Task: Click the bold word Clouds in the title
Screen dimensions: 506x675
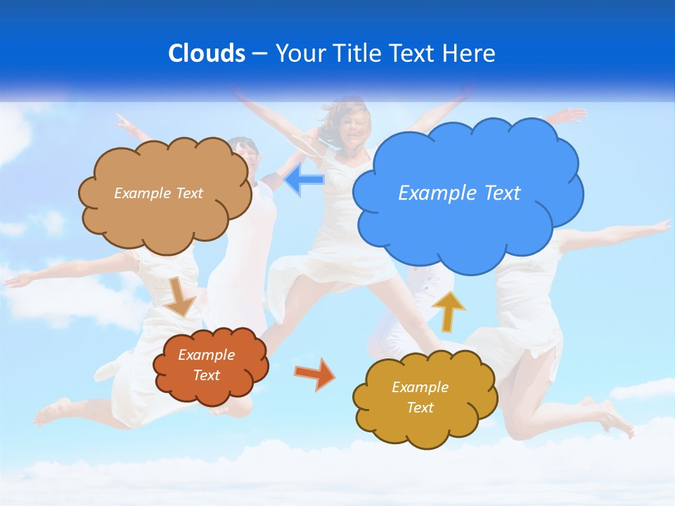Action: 207,53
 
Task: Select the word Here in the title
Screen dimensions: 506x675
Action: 471,53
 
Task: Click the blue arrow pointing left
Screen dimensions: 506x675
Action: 304,180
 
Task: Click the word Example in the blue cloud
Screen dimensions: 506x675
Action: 430,193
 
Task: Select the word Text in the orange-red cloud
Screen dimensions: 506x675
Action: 206,375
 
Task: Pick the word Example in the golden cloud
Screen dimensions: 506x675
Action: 420,387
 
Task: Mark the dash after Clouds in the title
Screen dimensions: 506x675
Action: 259,53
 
